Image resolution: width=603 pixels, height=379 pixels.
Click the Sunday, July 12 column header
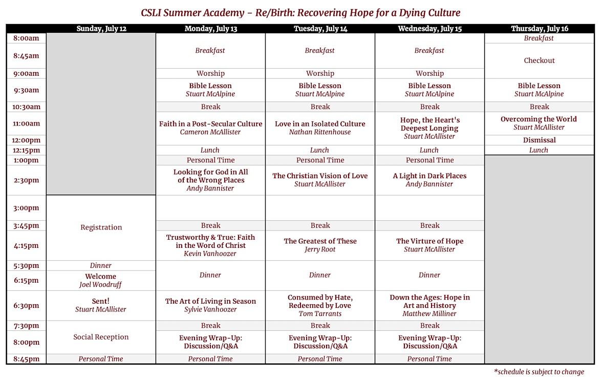pos(101,29)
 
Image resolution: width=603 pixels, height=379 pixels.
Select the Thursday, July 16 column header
pos(540,29)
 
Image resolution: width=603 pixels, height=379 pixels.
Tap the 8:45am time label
pos(26,55)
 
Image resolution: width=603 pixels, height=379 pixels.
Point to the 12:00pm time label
pos(26,140)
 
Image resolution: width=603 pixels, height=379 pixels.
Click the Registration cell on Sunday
pos(101,227)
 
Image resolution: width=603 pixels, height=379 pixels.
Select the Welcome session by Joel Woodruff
pos(101,281)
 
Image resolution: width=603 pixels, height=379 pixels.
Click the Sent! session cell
pos(101,305)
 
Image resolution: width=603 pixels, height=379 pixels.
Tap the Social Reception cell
pos(101,337)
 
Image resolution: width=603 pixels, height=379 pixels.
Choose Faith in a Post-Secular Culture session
pos(211,128)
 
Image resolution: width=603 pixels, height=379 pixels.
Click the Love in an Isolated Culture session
pos(320,128)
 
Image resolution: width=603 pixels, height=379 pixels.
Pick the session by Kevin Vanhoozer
pos(210,245)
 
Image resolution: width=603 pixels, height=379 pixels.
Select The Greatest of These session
pos(320,245)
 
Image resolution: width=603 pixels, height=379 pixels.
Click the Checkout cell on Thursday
pos(539,60)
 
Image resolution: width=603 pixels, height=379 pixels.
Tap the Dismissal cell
pos(539,140)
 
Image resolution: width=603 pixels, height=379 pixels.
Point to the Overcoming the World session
pos(539,123)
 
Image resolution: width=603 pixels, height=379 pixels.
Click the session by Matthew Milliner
pos(429,306)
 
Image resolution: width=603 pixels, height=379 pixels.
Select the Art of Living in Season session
pos(210,305)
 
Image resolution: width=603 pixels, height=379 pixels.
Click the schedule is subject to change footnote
pos(539,372)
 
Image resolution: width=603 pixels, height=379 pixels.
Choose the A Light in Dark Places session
pos(429,180)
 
